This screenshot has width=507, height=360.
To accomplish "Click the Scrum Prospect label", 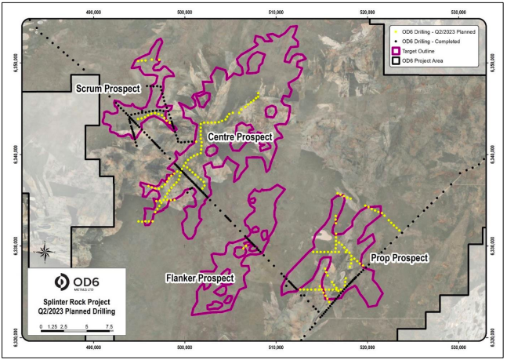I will [108, 89].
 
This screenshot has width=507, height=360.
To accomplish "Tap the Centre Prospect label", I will [240, 137].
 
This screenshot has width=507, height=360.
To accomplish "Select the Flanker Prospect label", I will [200, 278].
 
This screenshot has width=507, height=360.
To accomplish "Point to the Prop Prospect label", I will [400, 257].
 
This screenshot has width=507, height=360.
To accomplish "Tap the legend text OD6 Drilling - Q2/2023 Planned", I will [438, 31].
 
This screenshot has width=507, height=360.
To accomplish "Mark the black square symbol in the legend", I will [396, 61].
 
